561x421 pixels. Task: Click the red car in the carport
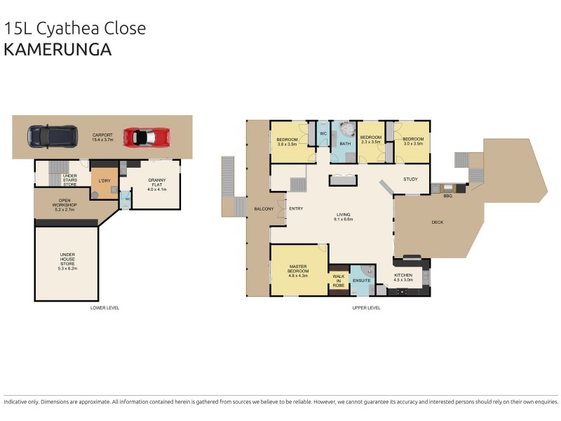[147, 136]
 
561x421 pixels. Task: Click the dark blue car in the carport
[53, 136]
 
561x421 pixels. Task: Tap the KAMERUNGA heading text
[58, 49]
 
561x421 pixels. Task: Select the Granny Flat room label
[156, 184]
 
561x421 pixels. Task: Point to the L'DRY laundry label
[103, 180]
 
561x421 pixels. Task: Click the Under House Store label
[67, 261]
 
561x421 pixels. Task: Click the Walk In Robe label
[339, 281]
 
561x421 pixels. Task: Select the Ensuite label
[362, 281]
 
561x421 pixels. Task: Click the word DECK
[438, 222]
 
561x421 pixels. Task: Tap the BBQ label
[447, 196]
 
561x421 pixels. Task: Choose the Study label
[410, 179]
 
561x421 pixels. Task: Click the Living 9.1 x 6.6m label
[343, 218]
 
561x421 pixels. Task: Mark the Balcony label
[264, 208]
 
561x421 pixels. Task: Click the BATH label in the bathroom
[345, 144]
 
